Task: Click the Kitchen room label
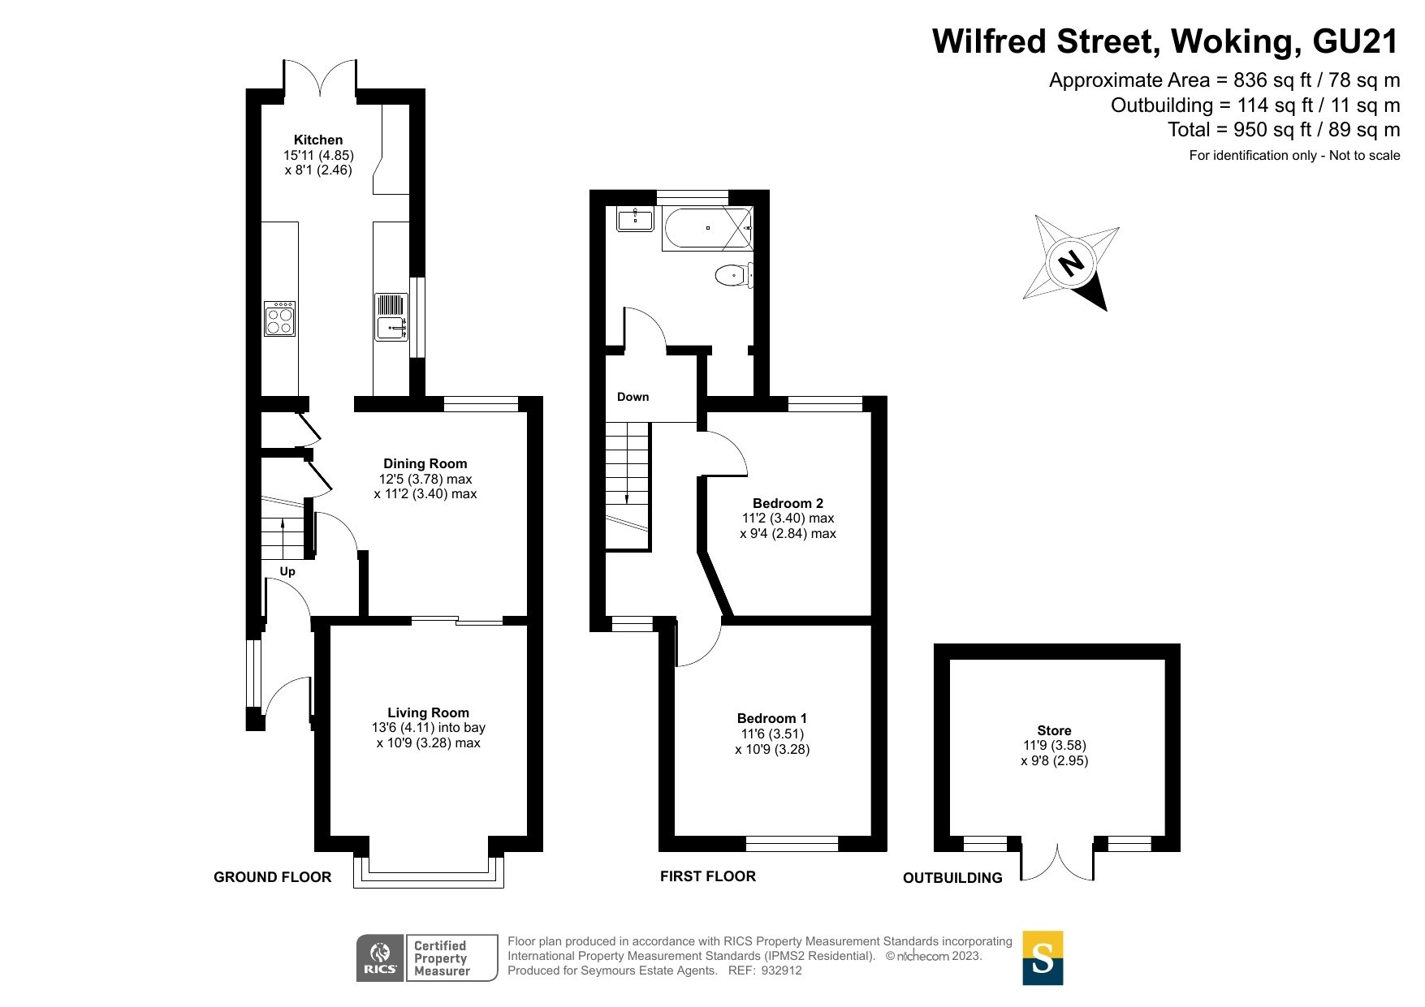point(317,140)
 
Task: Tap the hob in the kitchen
point(279,318)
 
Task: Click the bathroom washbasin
point(634,219)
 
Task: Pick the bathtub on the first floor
point(707,228)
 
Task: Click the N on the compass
point(1071,263)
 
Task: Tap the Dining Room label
point(425,463)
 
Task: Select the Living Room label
point(428,712)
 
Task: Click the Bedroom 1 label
point(771,718)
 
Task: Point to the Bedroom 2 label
point(788,503)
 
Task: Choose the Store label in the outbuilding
point(1054,730)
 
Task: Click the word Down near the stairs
point(633,397)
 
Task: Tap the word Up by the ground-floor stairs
point(287,571)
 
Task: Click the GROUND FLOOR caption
point(272,877)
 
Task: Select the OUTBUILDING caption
point(952,878)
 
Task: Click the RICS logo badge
point(380,958)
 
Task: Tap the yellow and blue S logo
point(1042,958)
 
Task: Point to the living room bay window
point(428,872)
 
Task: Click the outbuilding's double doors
point(1057,862)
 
